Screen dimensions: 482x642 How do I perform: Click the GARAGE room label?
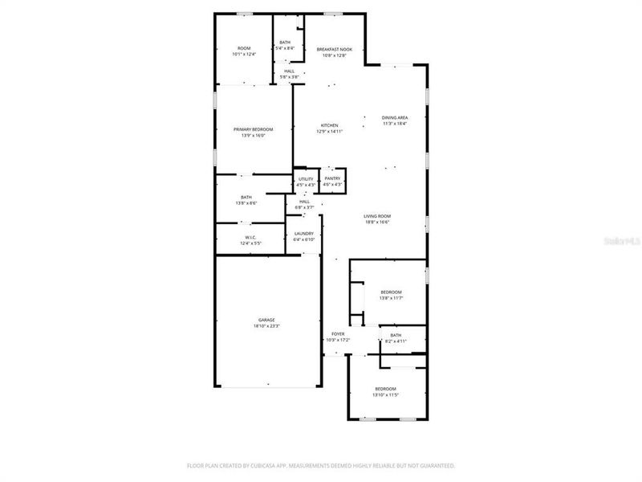[266, 320]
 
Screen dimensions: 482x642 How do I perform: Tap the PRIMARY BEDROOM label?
[253, 129]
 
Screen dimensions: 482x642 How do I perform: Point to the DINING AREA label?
[394, 118]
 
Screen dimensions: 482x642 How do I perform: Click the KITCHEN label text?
[329, 125]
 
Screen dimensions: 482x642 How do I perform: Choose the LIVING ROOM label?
[376, 216]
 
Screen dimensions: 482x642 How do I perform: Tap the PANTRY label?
[332, 178]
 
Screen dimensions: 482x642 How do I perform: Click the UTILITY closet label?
[306, 178]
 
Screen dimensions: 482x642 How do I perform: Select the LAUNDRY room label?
[303, 234]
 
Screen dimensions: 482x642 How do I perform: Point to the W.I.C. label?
[250, 237]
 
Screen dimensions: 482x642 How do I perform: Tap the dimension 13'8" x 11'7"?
[391, 298]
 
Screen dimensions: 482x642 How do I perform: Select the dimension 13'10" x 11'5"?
[386, 395]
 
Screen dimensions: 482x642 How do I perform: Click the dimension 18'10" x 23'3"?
[266, 326]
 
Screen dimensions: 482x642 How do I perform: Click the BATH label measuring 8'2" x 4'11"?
[396, 335]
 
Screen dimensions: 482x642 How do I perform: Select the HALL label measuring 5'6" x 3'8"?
[289, 71]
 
